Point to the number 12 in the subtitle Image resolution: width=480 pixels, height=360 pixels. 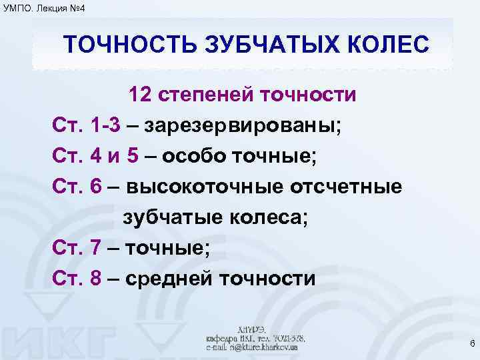pos(142,95)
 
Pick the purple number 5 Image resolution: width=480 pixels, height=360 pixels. pos(132,156)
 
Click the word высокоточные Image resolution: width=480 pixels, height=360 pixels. pos(204,187)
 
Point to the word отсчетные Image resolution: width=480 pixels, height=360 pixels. pos(346,187)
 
